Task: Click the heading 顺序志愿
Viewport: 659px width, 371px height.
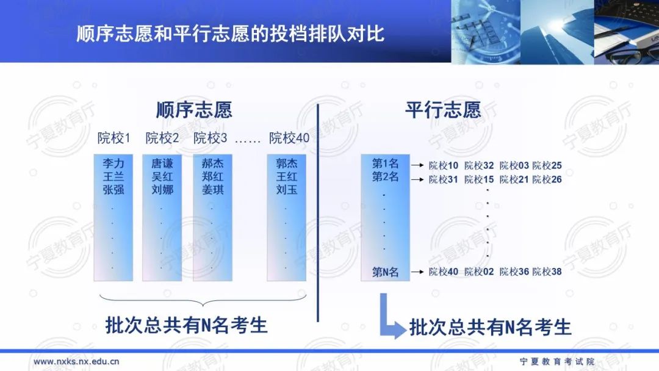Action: coord(194,110)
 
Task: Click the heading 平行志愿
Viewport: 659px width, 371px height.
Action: coord(443,110)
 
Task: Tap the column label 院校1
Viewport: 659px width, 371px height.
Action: coord(114,139)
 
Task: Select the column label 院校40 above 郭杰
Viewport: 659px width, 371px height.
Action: coord(289,139)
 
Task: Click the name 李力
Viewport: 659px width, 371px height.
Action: coord(113,164)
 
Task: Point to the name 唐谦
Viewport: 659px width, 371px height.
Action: coord(162,164)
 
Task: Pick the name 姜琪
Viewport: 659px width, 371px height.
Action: coord(213,190)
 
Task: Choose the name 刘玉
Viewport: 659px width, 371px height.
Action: coord(286,190)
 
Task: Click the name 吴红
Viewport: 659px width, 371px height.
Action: coord(162,177)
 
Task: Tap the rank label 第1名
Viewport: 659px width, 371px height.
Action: coord(385,164)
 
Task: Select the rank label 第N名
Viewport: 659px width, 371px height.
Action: coord(385,272)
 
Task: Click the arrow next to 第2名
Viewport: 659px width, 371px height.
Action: coord(417,179)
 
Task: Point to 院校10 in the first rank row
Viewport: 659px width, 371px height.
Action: coord(443,165)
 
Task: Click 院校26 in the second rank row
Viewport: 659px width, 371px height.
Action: coord(547,179)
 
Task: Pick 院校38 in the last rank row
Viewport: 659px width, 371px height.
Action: coord(547,272)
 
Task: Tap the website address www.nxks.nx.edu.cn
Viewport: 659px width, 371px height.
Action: coord(76,361)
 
